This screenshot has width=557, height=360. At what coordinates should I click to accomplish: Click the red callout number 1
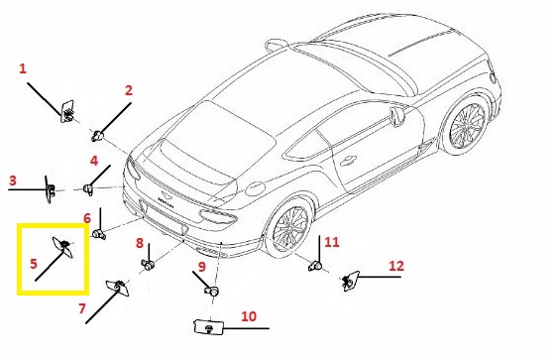[23, 68]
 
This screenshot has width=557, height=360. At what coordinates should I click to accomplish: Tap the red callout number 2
[129, 90]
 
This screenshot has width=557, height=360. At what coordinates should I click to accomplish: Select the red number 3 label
[13, 180]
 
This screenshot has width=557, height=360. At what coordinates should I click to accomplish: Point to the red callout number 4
[94, 161]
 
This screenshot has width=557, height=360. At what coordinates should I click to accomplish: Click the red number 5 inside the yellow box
[34, 264]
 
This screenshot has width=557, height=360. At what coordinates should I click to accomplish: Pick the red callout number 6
[87, 218]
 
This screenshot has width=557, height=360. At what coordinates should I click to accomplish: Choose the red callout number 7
[82, 308]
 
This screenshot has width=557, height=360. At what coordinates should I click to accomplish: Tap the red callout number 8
[139, 243]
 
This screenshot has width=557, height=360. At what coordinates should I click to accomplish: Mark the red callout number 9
[201, 266]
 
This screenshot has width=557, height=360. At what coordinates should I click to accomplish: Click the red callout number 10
[249, 316]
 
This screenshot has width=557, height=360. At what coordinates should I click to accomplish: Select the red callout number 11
[332, 242]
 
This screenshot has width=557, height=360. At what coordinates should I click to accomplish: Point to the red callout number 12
[396, 266]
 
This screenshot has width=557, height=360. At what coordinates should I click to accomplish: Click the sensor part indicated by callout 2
[97, 136]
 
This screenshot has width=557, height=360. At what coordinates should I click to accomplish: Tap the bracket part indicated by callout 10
[208, 327]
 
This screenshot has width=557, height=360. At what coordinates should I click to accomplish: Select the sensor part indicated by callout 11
[315, 266]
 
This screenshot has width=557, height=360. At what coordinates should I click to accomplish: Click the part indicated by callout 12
[350, 281]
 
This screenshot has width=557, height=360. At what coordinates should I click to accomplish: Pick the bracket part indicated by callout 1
[67, 111]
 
